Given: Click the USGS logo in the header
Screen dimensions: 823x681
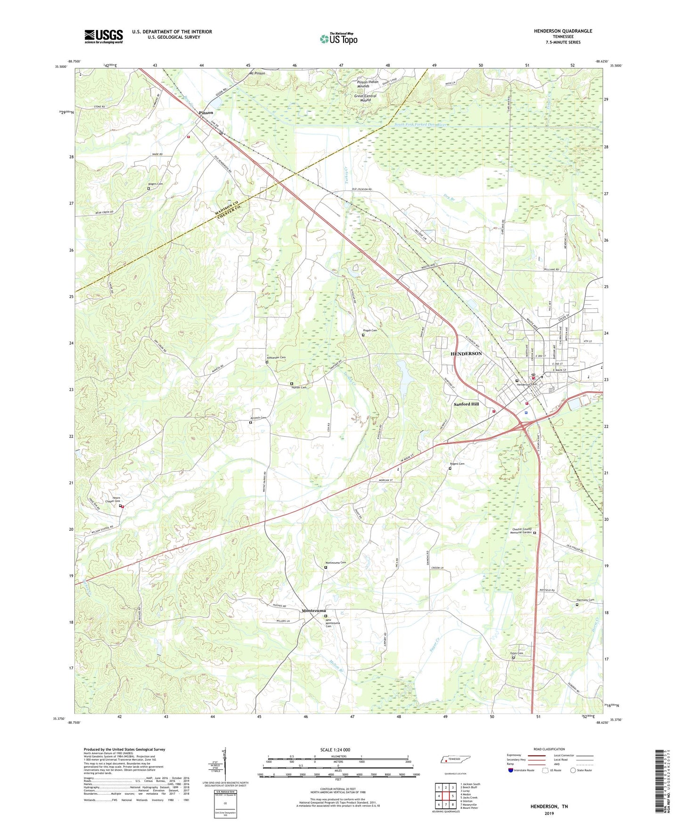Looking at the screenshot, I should (x=104, y=36).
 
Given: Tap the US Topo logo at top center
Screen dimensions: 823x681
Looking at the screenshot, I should (x=339, y=39).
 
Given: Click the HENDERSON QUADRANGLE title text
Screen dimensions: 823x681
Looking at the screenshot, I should (x=563, y=31).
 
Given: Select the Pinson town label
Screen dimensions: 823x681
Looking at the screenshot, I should (x=205, y=113).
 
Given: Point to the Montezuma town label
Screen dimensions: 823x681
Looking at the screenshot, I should (x=313, y=611).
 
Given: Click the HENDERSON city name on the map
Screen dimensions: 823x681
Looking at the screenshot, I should (x=466, y=354).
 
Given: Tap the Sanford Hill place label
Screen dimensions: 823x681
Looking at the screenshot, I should (x=466, y=404).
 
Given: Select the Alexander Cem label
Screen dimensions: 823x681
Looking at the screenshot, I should (x=276, y=358).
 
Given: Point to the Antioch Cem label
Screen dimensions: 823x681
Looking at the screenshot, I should (x=258, y=418).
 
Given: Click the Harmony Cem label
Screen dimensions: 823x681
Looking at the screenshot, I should (x=585, y=600).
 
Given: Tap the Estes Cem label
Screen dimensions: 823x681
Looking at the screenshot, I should (x=517, y=653).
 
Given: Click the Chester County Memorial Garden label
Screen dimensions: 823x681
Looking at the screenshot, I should (x=522, y=531).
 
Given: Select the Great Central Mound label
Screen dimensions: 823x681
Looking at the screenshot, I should (x=365, y=98).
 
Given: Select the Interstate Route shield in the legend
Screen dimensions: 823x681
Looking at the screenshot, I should (x=511, y=770).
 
